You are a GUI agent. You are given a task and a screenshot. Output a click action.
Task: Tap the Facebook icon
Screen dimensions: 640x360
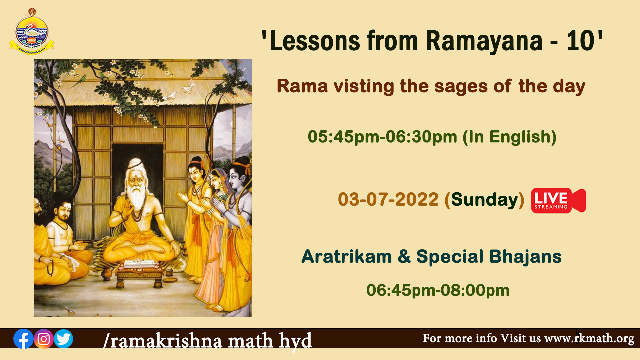pyautogui.click(x=23, y=339)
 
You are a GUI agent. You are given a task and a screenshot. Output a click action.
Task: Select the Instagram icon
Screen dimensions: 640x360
pyautogui.click(x=44, y=339)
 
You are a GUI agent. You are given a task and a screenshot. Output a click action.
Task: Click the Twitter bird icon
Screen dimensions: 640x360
pyautogui.click(x=63, y=339)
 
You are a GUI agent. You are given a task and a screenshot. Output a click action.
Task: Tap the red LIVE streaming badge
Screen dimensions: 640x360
pyautogui.click(x=559, y=200)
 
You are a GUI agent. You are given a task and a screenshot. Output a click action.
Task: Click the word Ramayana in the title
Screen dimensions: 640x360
pyautogui.click(x=484, y=41)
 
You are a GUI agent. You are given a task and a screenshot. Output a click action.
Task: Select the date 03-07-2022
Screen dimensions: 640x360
pyautogui.click(x=388, y=199)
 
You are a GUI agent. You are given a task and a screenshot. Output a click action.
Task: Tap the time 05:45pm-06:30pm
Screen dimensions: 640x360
pyautogui.click(x=382, y=137)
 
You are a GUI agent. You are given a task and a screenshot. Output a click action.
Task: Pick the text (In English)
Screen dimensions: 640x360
pyautogui.click(x=510, y=137)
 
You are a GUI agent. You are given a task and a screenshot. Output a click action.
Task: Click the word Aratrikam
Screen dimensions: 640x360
pyautogui.click(x=346, y=257)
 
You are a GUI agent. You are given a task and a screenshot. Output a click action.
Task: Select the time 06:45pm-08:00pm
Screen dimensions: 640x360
pyautogui.click(x=438, y=290)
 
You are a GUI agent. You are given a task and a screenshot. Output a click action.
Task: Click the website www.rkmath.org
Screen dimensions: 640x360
pyautogui.click(x=589, y=338)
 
